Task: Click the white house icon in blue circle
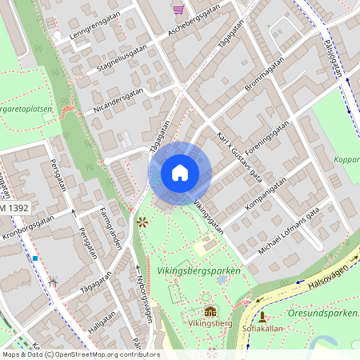(179, 173)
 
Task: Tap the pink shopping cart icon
(178, 9)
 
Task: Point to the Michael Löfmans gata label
(289, 230)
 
